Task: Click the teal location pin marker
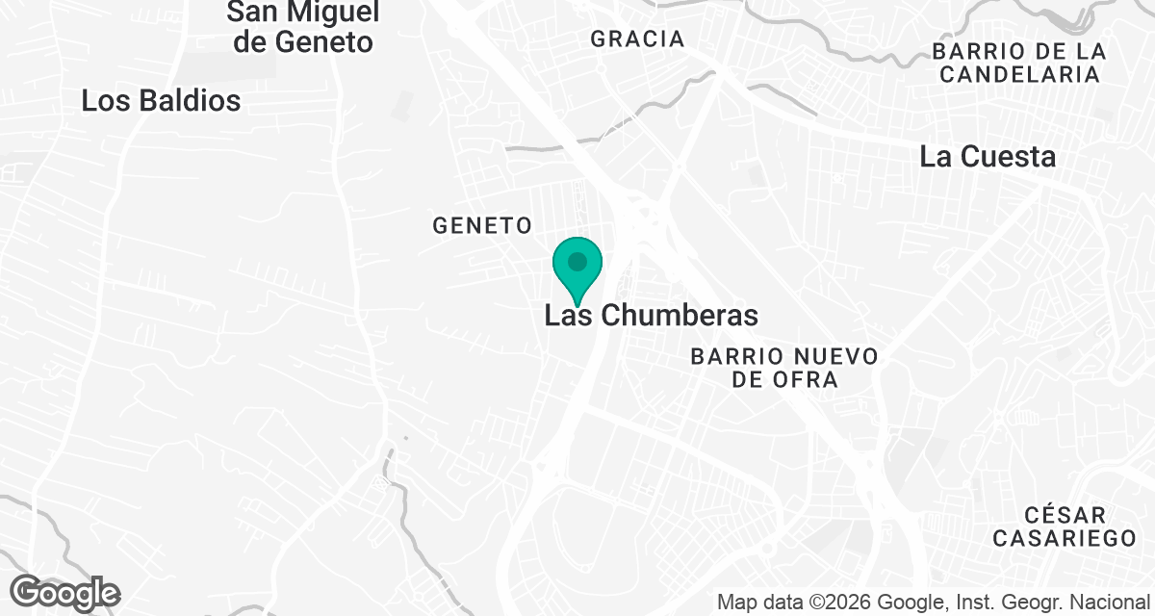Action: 577,268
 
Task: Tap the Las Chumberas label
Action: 652,315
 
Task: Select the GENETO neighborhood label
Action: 482,225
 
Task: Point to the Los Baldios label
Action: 161,100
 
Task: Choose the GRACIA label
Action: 637,39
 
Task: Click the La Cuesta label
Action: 988,156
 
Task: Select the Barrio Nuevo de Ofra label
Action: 784,368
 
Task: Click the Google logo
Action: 65,592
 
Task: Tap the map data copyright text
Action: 934,603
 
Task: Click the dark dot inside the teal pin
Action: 577,261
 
